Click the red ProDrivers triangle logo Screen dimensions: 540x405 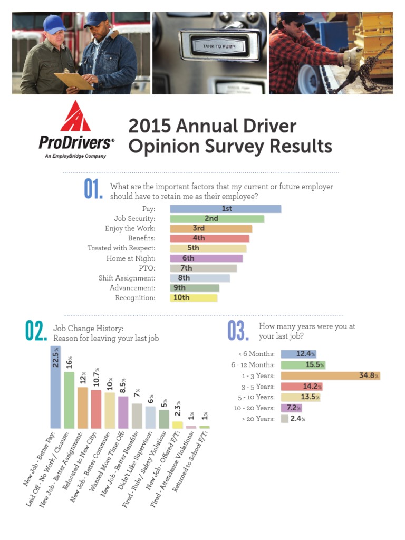[75, 117]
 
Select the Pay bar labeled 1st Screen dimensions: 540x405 [225, 209]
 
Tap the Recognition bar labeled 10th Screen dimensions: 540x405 [194, 298]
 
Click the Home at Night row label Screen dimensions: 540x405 [130, 258]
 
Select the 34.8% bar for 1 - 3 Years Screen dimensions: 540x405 [330, 375]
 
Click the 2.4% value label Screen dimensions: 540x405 [298, 419]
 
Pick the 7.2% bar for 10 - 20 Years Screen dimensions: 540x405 [291, 408]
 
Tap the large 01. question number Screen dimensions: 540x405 [93, 190]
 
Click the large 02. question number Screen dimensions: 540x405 [36, 331]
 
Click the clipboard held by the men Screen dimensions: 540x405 [74, 80]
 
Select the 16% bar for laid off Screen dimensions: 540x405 [69, 400]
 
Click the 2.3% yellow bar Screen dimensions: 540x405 [178, 425]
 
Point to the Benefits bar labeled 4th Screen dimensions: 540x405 [209, 238]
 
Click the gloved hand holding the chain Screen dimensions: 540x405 [352, 54]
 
